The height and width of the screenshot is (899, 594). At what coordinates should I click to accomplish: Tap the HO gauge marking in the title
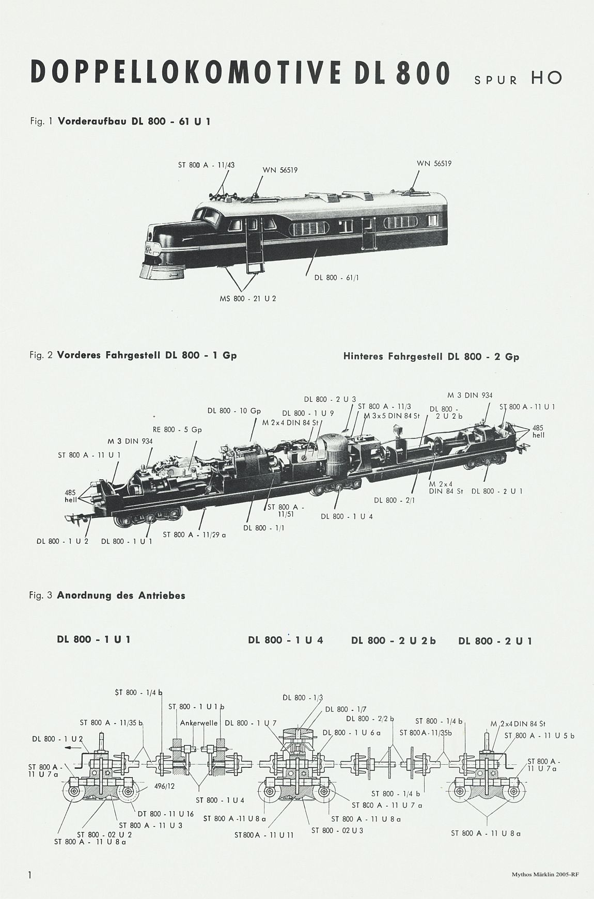546,78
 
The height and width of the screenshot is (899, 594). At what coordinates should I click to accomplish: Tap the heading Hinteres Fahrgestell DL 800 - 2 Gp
431,356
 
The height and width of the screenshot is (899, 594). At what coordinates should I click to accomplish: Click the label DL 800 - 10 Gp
235,411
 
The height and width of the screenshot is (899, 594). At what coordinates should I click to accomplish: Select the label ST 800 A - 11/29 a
194,535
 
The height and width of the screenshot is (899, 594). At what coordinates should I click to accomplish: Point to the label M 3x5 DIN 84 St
391,415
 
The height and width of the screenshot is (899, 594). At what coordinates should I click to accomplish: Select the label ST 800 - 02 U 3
337,830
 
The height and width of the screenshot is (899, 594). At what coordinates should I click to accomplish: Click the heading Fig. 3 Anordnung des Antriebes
107,595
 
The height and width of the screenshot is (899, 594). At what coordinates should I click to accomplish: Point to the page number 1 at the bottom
31,875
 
